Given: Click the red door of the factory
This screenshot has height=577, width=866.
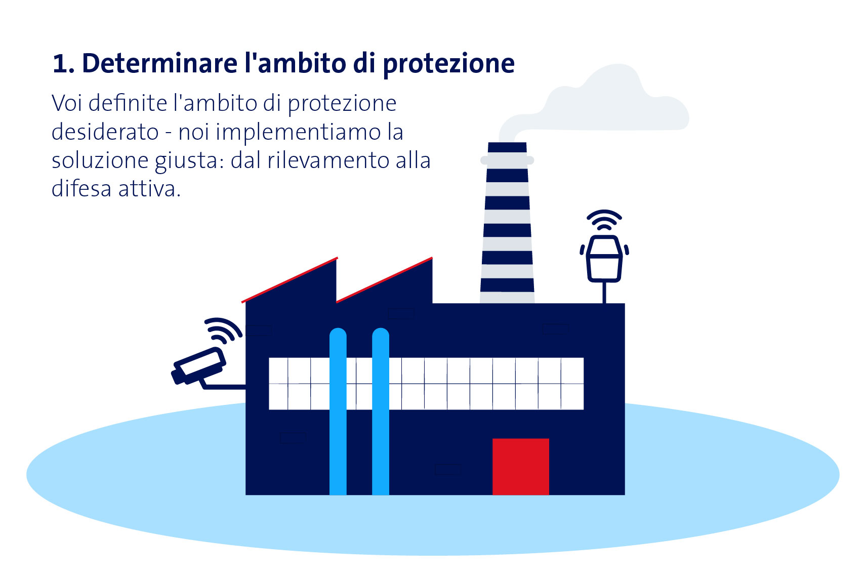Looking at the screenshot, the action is point(520,466).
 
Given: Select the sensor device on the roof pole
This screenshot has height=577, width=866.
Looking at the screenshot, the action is point(604,258).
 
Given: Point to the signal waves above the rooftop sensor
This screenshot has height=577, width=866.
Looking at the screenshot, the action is point(604,220).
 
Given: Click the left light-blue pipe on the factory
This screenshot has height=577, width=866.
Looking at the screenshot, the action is point(338,411).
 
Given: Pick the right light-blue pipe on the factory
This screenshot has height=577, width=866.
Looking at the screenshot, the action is point(381,411).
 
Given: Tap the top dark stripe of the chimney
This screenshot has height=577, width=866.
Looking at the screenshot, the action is point(507,147).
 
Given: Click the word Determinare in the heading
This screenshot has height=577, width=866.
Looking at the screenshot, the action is point(159,63).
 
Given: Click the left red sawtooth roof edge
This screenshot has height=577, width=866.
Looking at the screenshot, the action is point(290,279).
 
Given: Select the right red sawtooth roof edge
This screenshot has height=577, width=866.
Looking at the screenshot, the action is point(384,279).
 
